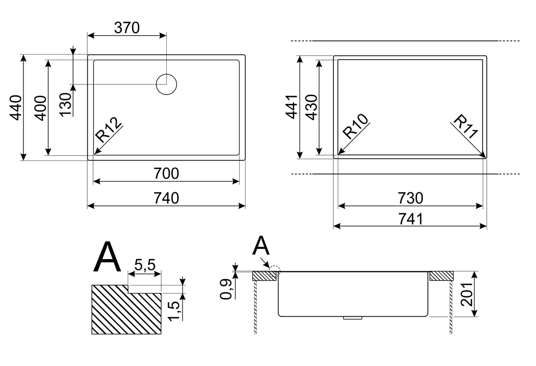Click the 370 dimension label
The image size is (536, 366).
click(x=127, y=28)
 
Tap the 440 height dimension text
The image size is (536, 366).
click(x=16, y=107)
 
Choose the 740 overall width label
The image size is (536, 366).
click(x=166, y=198)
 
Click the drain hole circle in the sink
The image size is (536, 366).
click(x=166, y=84)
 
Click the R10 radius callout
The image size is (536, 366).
click(x=355, y=126)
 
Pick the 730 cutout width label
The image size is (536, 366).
click(x=409, y=198)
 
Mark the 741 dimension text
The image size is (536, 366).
click(x=409, y=219)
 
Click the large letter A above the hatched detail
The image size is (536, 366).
click(x=107, y=257)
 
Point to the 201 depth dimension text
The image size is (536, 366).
click(x=467, y=294)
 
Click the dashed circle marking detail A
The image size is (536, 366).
click(x=275, y=269)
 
